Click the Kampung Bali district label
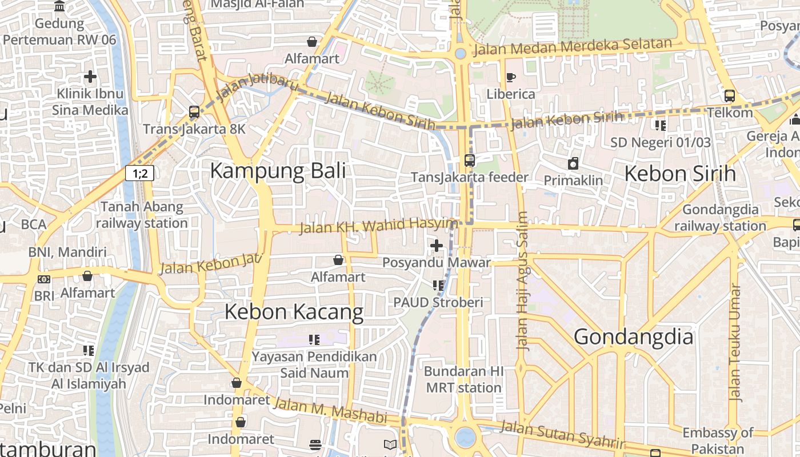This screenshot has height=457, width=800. [278, 171]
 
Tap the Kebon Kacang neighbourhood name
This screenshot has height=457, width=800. [294, 312]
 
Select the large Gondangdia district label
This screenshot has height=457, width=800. [633, 336]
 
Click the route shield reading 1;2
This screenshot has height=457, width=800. [140, 173]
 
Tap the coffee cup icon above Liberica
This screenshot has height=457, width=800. [510, 77]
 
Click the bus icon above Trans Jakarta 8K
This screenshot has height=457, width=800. [194, 112]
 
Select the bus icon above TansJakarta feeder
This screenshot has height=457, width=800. [470, 161]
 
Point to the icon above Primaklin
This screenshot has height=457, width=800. [573, 164]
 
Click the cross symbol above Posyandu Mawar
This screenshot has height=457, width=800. [437, 246]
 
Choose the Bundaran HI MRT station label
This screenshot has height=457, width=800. [463, 379]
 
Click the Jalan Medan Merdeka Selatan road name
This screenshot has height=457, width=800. [573, 47]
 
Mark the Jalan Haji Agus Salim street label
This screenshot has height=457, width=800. [522, 280]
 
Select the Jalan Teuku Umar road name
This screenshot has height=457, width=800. [735, 343]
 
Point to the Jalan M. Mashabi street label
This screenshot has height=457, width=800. [330, 411]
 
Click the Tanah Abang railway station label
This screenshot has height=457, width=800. [142, 215]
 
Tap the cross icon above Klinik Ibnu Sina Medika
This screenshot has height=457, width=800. [90, 77]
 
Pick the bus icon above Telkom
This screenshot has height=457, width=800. [730, 95]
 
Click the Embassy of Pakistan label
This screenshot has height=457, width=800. [718, 440]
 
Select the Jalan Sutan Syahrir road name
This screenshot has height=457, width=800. [563, 435]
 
